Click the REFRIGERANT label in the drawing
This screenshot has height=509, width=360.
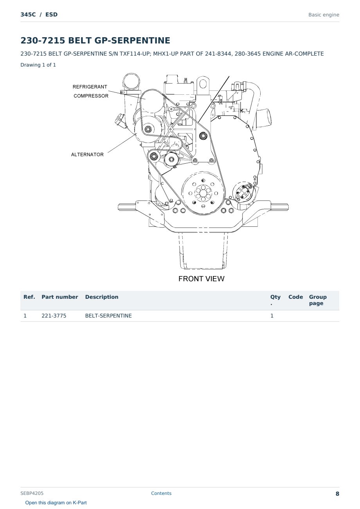pyautogui.click(x=90, y=87)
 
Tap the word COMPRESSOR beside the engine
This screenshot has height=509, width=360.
pyautogui.click(x=91, y=96)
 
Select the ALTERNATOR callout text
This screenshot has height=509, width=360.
pyautogui.click(x=87, y=155)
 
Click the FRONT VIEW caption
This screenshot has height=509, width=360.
pyautogui.click(x=201, y=279)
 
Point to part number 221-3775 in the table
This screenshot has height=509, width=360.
pyautogui.click(x=54, y=316)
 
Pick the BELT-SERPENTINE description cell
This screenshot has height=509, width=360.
pyautogui.click(x=108, y=316)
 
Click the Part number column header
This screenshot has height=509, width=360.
pyautogui.click(x=60, y=297)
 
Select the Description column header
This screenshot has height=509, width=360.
pyautogui.click(x=102, y=297)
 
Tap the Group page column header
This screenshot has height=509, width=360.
pyautogui.click(x=318, y=300)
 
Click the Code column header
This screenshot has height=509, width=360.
pyautogui.click(x=295, y=297)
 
